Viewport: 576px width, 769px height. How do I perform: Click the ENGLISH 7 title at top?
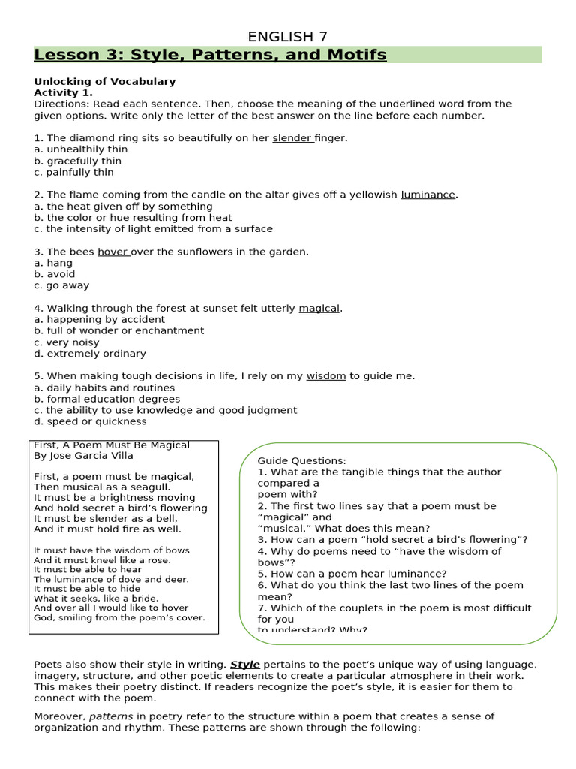click(x=288, y=37)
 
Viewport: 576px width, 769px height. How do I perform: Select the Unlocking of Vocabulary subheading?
click(x=104, y=81)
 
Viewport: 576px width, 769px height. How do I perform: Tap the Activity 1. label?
click(x=63, y=92)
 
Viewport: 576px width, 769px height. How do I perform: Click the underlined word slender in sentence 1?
click(x=292, y=138)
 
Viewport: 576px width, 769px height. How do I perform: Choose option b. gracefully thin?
click(x=77, y=161)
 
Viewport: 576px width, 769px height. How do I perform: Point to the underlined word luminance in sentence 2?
click(x=428, y=195)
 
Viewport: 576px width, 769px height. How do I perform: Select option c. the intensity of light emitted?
click(x=153, y=229)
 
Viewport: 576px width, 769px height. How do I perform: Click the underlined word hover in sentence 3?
click(x=112, y=252)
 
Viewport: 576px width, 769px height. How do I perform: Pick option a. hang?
click(x=53, y=263)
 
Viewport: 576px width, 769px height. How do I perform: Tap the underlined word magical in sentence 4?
click(x=319, y=308)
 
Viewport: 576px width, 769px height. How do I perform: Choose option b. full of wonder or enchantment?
click(x=118, y=330)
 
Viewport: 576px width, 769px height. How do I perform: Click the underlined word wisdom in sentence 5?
click(x=326, y=376)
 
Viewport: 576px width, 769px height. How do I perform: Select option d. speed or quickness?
click(x=90, y=421)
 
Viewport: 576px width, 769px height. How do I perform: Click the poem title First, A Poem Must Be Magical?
click(x=112, y=445)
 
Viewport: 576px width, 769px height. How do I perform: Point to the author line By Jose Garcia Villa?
click(x=85, y=456)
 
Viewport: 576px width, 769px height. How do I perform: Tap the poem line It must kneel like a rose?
click(x=102, y=560)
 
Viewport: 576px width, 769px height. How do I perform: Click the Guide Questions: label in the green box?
click(x=302, y=460)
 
